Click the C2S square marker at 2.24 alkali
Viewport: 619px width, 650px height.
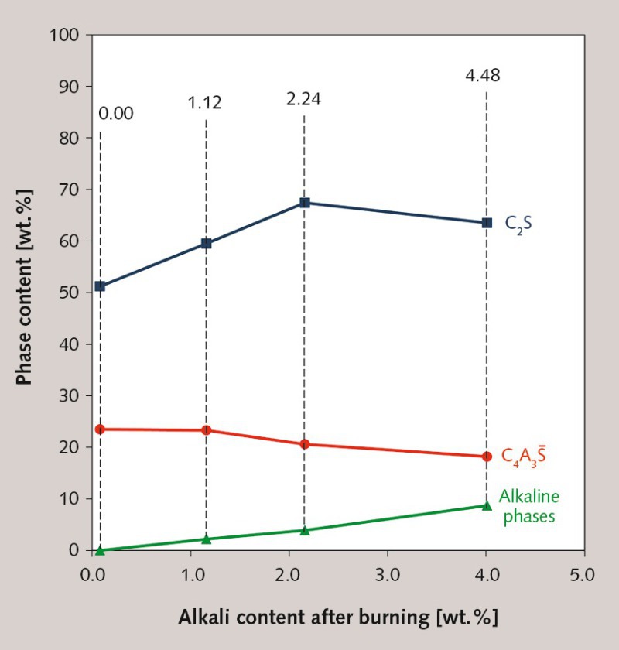pyautogui.click(x=304, y=203)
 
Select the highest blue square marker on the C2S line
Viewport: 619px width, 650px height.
pyautogui.click(x=304, y=203)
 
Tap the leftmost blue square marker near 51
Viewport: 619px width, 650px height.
pyautogui.click(x=100, y=286)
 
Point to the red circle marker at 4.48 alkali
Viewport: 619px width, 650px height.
pyautogui.click(x=487, y=457)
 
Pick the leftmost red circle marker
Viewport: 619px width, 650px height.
pyautogui.click(x=100, y=429)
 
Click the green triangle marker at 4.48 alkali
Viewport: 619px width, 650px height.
pyautogui.click(x=487, y=505)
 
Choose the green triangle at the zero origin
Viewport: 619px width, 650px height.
pyautogui.click(x=100, y=549)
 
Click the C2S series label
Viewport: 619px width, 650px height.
pyautogui.click(x=518, y=224)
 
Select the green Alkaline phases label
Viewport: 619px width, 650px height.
pyautogui.click(x=529, y=506)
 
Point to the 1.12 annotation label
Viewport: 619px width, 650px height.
pyautogui.click(x=204, y=103)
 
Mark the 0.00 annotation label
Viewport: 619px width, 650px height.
pyautogui.click(x=116, y=114)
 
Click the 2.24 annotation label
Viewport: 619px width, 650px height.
pyautogui.click(x=303, y=99)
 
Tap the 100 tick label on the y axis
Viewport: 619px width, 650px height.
pyautogui.click(x=65, y=35)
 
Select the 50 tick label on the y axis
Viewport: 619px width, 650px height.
pyautogui.click(x=70, y=292)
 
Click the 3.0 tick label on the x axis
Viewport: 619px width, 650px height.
pyautogui.click(x=387, y=576)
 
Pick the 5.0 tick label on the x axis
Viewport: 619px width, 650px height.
pyautogui.click(x=583, y=576)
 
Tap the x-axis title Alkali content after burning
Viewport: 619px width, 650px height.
pyautogui.click(x=338, y=617)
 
